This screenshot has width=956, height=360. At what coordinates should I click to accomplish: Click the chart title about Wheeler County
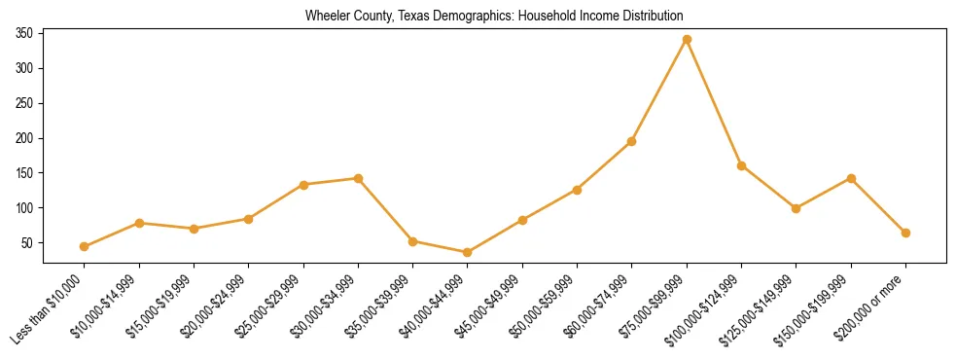tap(494, 17)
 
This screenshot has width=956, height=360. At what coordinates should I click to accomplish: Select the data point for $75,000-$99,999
tap(687, 39)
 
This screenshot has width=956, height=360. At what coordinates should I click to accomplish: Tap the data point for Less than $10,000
tap(85, 246)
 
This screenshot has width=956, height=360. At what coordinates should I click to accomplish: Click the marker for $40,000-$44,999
tap(468, 252)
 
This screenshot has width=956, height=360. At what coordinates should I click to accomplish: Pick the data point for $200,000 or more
tap(905, 233)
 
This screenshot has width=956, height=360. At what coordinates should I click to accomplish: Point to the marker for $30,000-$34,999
tap(358, 178)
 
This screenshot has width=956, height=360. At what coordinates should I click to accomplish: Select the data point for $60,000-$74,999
tap(632, 141)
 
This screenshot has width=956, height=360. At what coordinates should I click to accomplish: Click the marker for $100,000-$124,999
tap(741, 165)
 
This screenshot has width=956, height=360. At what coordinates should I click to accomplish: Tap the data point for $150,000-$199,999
tap(851, 178)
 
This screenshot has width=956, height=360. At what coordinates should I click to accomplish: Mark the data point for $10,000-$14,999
tap(139, 223)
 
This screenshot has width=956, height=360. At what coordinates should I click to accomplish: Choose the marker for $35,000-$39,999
tap(413, 241)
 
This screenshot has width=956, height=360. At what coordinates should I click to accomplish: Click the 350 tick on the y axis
tap(24, 33)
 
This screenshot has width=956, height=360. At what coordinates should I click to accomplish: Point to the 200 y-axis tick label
tap(24, 138)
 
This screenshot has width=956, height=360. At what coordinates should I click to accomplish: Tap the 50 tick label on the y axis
tap(27, 242)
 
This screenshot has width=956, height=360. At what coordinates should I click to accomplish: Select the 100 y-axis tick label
tap(24, 207)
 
